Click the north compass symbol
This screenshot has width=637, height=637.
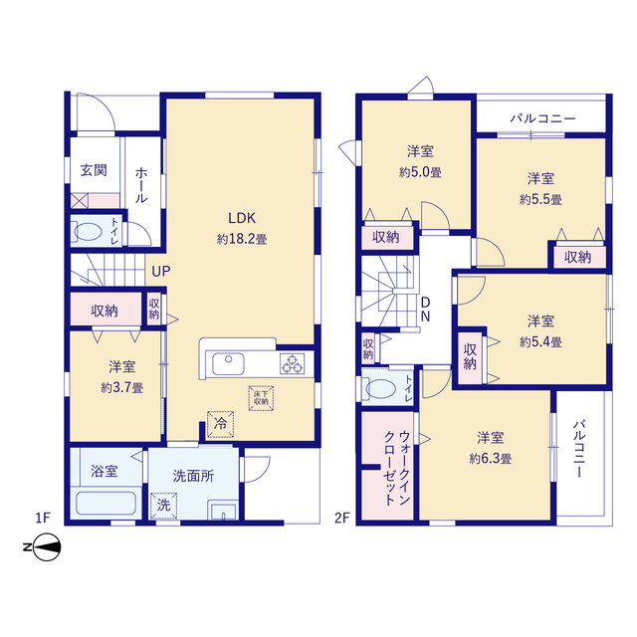(43, 546)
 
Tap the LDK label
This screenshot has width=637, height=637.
(242, 218)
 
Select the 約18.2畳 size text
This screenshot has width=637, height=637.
(242, 239)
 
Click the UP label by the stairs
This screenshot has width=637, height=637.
(161, 271)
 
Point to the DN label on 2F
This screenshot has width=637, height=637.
(425, 310)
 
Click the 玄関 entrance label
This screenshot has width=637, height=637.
(94, 170)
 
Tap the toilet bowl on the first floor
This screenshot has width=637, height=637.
(88, 232)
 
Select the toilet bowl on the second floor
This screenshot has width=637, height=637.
(379, 388)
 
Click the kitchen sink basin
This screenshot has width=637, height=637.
(228, 363)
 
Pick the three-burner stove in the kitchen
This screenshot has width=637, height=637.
(292, 363)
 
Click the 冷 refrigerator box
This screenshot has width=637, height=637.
(220, 425)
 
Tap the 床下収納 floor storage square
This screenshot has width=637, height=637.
(261, 398)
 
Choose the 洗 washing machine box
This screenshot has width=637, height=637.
(163, 506)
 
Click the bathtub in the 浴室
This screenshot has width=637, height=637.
(106, 504)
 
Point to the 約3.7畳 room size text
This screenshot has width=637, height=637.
(121, 387)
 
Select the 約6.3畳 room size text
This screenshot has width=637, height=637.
(491, 459)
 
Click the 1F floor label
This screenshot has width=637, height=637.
(43, 518)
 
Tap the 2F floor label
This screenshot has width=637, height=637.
(342, 518)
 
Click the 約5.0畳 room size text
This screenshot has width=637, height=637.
(420, 172)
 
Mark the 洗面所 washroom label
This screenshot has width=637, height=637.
(193, 476)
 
